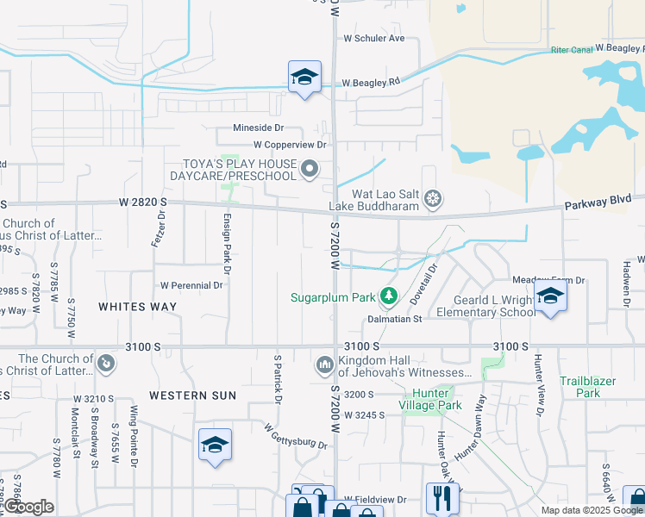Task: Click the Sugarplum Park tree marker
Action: click(389, 297)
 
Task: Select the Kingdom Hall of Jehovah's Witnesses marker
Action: click(324, 364)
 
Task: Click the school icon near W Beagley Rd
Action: click(304, 78)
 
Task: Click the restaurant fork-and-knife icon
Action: click(441, 497)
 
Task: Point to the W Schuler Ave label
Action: click(374, 39)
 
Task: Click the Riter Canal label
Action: click(572, 50)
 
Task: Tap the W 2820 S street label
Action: click(142, 202)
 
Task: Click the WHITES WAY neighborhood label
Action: click(138, 307)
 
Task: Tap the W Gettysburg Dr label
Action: click(296, 437)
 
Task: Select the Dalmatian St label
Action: click(393, 319)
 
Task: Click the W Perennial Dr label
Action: click(191, 285)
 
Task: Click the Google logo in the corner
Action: click(28, 507)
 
